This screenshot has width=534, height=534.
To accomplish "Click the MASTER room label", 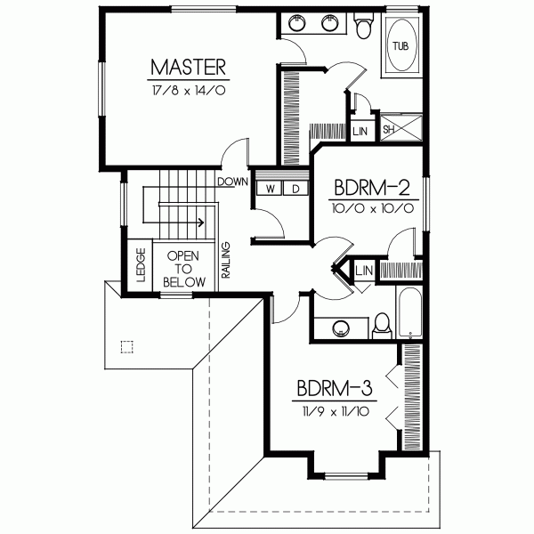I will pos(187,67).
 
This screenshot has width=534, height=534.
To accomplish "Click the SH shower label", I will pos(389,130).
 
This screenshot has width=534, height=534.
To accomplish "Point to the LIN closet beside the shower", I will pos(360,131).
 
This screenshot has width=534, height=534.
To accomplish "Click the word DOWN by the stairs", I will pos(231,181).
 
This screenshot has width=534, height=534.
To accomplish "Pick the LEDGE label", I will pos(141,264).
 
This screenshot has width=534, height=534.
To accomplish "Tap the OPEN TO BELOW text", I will pos(185,268).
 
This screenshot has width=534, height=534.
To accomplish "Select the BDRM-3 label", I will pos(334,388).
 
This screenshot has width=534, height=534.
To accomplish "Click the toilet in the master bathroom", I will pos(362,28).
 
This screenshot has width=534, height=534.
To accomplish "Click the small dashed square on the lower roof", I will pos(125,347).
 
